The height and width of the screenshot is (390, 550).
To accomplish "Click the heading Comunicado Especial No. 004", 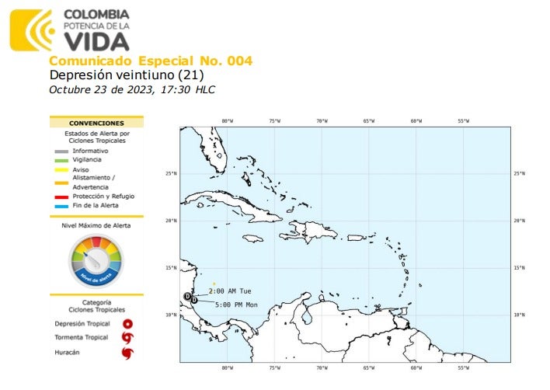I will (x=150, y=61).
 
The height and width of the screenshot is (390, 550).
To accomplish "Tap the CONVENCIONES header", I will (x=96, y=123).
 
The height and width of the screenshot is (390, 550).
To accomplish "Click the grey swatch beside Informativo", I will (x=61, y=150).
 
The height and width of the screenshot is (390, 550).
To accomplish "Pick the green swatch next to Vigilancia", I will (x=61, y=159).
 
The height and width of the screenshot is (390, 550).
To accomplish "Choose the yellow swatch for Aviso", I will (x=61, y=169).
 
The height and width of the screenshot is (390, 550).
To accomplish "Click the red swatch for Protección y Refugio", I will (x=61, y=196).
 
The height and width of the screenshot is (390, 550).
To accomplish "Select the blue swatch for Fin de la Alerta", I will (x=61, y=205).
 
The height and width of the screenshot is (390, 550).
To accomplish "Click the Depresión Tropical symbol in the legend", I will (x=127, y=324).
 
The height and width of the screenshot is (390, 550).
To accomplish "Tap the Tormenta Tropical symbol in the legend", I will (x=127, y=338).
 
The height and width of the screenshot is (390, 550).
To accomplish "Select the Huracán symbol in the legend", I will (x=127, y=353).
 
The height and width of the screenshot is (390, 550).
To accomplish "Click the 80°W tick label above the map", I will (x=227, y=120).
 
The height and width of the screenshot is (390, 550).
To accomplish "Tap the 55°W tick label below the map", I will (x=463, y=368).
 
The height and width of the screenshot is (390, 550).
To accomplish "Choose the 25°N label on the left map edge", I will (x=171, y=173).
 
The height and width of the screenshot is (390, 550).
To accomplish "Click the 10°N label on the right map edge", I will (x=520, y=315).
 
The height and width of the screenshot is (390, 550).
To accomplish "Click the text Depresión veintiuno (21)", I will (x=126, y=75).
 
